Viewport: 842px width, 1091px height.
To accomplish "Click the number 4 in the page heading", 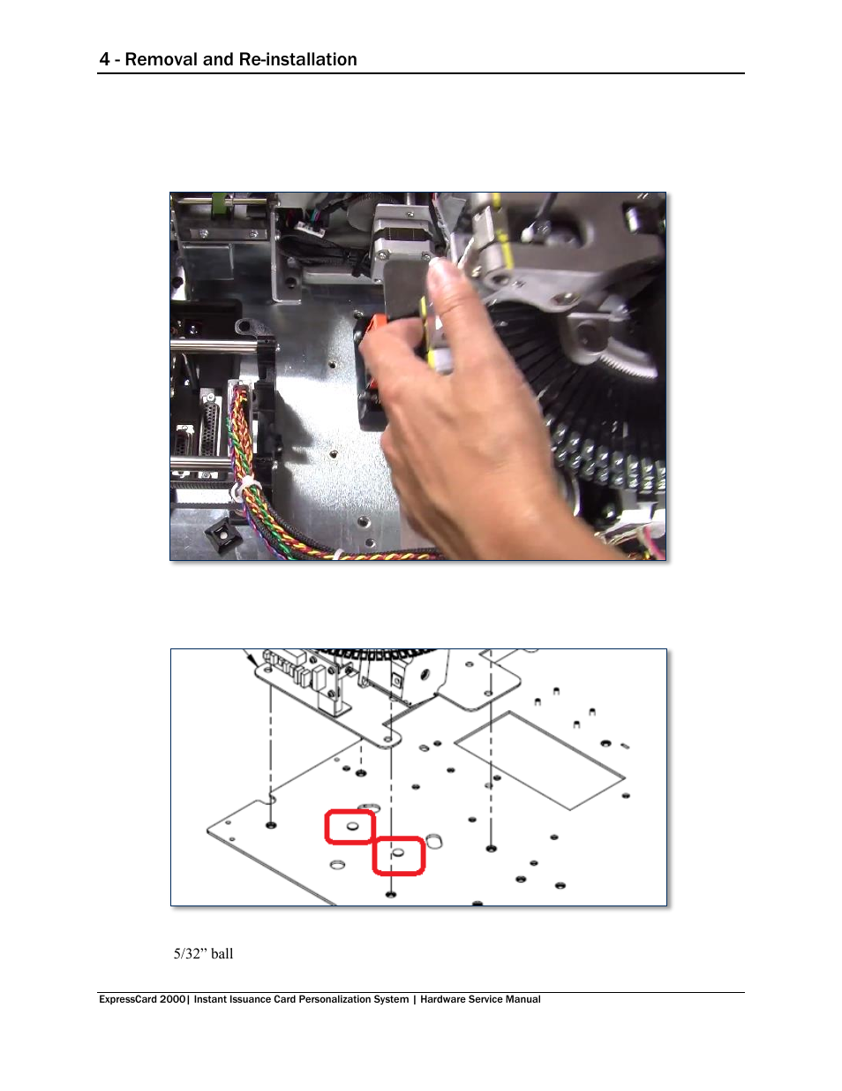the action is point(104,59).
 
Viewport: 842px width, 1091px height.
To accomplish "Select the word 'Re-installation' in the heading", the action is point(298,59).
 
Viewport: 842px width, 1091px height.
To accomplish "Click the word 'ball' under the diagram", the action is point(222,954).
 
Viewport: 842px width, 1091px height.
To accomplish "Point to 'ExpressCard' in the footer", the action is point(128,999).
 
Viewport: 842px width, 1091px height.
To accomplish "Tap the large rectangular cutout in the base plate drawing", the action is point(539,760).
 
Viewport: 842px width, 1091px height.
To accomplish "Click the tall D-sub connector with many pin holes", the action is point(211,421).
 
